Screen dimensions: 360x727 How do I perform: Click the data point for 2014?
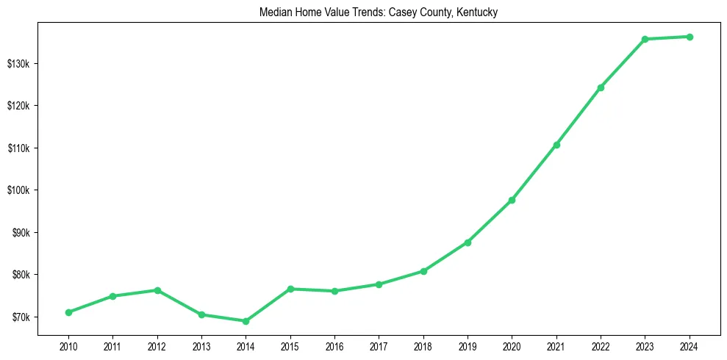[246, 321]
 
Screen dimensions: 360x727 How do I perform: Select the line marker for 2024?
[690, 37]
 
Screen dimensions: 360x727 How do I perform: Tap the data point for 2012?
[157, 290]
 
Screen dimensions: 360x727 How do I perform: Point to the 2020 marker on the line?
[512, 200]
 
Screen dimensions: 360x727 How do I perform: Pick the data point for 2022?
[601, 87]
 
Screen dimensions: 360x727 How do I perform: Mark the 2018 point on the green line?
[423, 271]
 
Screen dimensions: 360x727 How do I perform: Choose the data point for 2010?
[68, 312]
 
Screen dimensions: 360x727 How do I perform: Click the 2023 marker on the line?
[645, 39]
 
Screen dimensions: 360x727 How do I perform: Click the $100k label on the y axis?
[19, 190]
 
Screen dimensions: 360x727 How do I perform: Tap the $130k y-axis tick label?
[19, 64]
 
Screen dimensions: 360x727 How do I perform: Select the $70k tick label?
[21, 317]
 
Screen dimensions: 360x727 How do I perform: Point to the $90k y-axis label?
[21, 233]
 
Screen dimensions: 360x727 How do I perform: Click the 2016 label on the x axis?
[334, 345]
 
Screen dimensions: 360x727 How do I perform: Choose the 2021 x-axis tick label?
[556, 345]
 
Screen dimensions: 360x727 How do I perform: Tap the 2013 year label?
[201, 345]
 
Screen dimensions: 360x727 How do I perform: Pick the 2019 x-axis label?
[468, 345]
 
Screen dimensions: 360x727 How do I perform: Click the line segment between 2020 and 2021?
[534, 172]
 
